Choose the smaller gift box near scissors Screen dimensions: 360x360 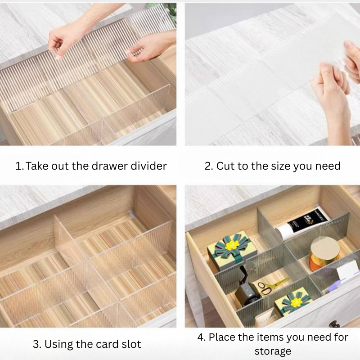pos(291,303)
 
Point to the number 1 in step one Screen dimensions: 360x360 pos(18,166)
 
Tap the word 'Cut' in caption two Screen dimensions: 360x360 pos(225,166)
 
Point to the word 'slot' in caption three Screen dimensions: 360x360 pos(129,345)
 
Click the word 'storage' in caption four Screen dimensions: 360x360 pos(273,351)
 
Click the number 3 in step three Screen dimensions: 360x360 pos(36,345)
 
